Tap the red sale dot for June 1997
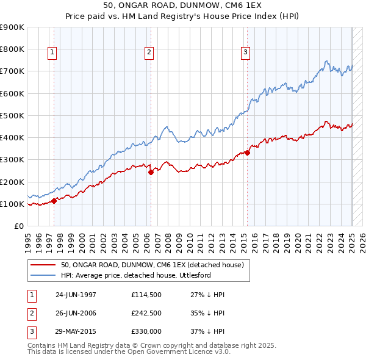pos(54,200)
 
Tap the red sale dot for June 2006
pos(151,172)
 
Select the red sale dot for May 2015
pos(247,153)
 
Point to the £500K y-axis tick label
pos(12,115)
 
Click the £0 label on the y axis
pos(18,226)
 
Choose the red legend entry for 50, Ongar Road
pos(152,265)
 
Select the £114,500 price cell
pos(146,295)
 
